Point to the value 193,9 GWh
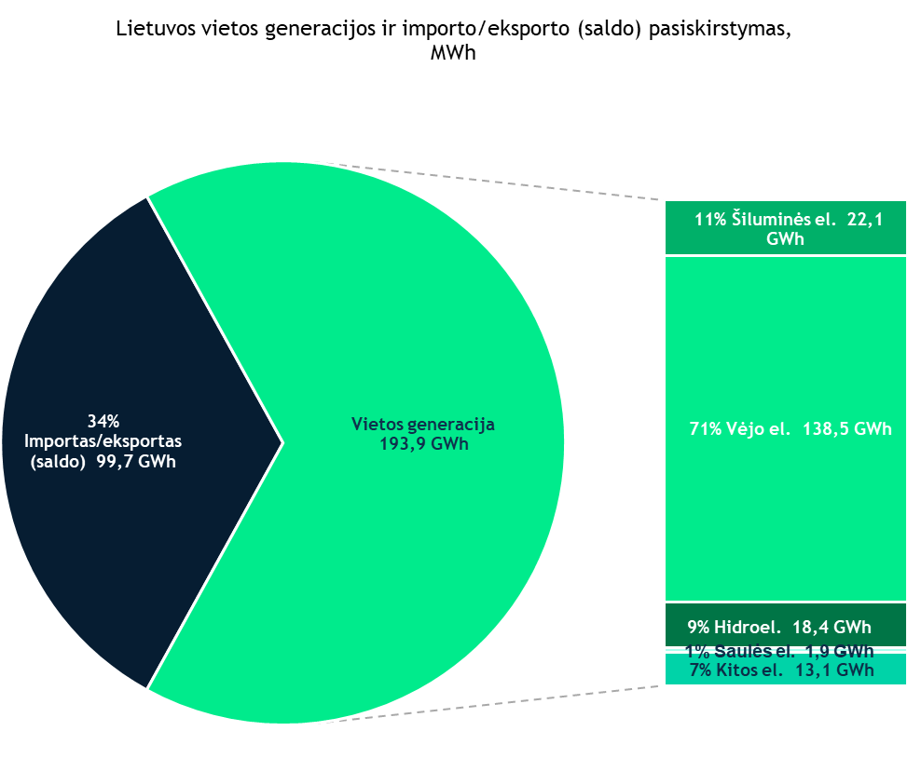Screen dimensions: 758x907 (x=423, y=444)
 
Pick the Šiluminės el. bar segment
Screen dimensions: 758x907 (x=786, y=228)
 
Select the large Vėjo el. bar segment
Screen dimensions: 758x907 (x=786, y=354)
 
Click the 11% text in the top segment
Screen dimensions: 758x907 (x=708, y=220)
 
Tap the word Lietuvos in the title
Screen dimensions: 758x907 (x=156, y=28)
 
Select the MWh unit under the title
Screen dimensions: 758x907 (x=453, y=54)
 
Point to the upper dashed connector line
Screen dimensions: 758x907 (x=503, y=183)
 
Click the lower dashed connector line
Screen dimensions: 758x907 (x=503, y=704)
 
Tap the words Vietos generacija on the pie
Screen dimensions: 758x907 (x=423, y=425)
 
